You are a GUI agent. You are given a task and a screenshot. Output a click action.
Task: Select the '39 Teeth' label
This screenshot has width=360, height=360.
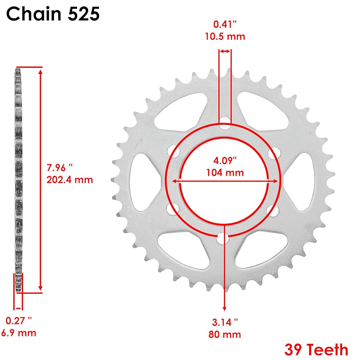point(316,350)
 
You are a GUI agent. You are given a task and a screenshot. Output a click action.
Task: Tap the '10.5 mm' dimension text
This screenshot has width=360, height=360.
point(225,36)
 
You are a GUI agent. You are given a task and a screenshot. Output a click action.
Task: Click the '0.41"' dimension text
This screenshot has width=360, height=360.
point(225,24)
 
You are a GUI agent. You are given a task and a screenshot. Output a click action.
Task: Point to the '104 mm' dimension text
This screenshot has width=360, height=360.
point(225,173)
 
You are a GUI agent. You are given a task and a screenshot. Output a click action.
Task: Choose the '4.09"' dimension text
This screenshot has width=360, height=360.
point(225,161)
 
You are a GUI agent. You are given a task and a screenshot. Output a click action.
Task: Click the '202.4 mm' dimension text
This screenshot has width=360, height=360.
point(70,180)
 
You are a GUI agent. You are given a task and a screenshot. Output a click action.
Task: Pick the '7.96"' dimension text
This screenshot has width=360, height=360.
point(60,168)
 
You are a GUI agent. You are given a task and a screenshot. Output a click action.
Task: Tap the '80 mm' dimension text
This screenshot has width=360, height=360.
point(225,334)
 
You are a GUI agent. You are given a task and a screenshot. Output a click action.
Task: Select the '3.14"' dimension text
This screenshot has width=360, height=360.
point(225,322)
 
